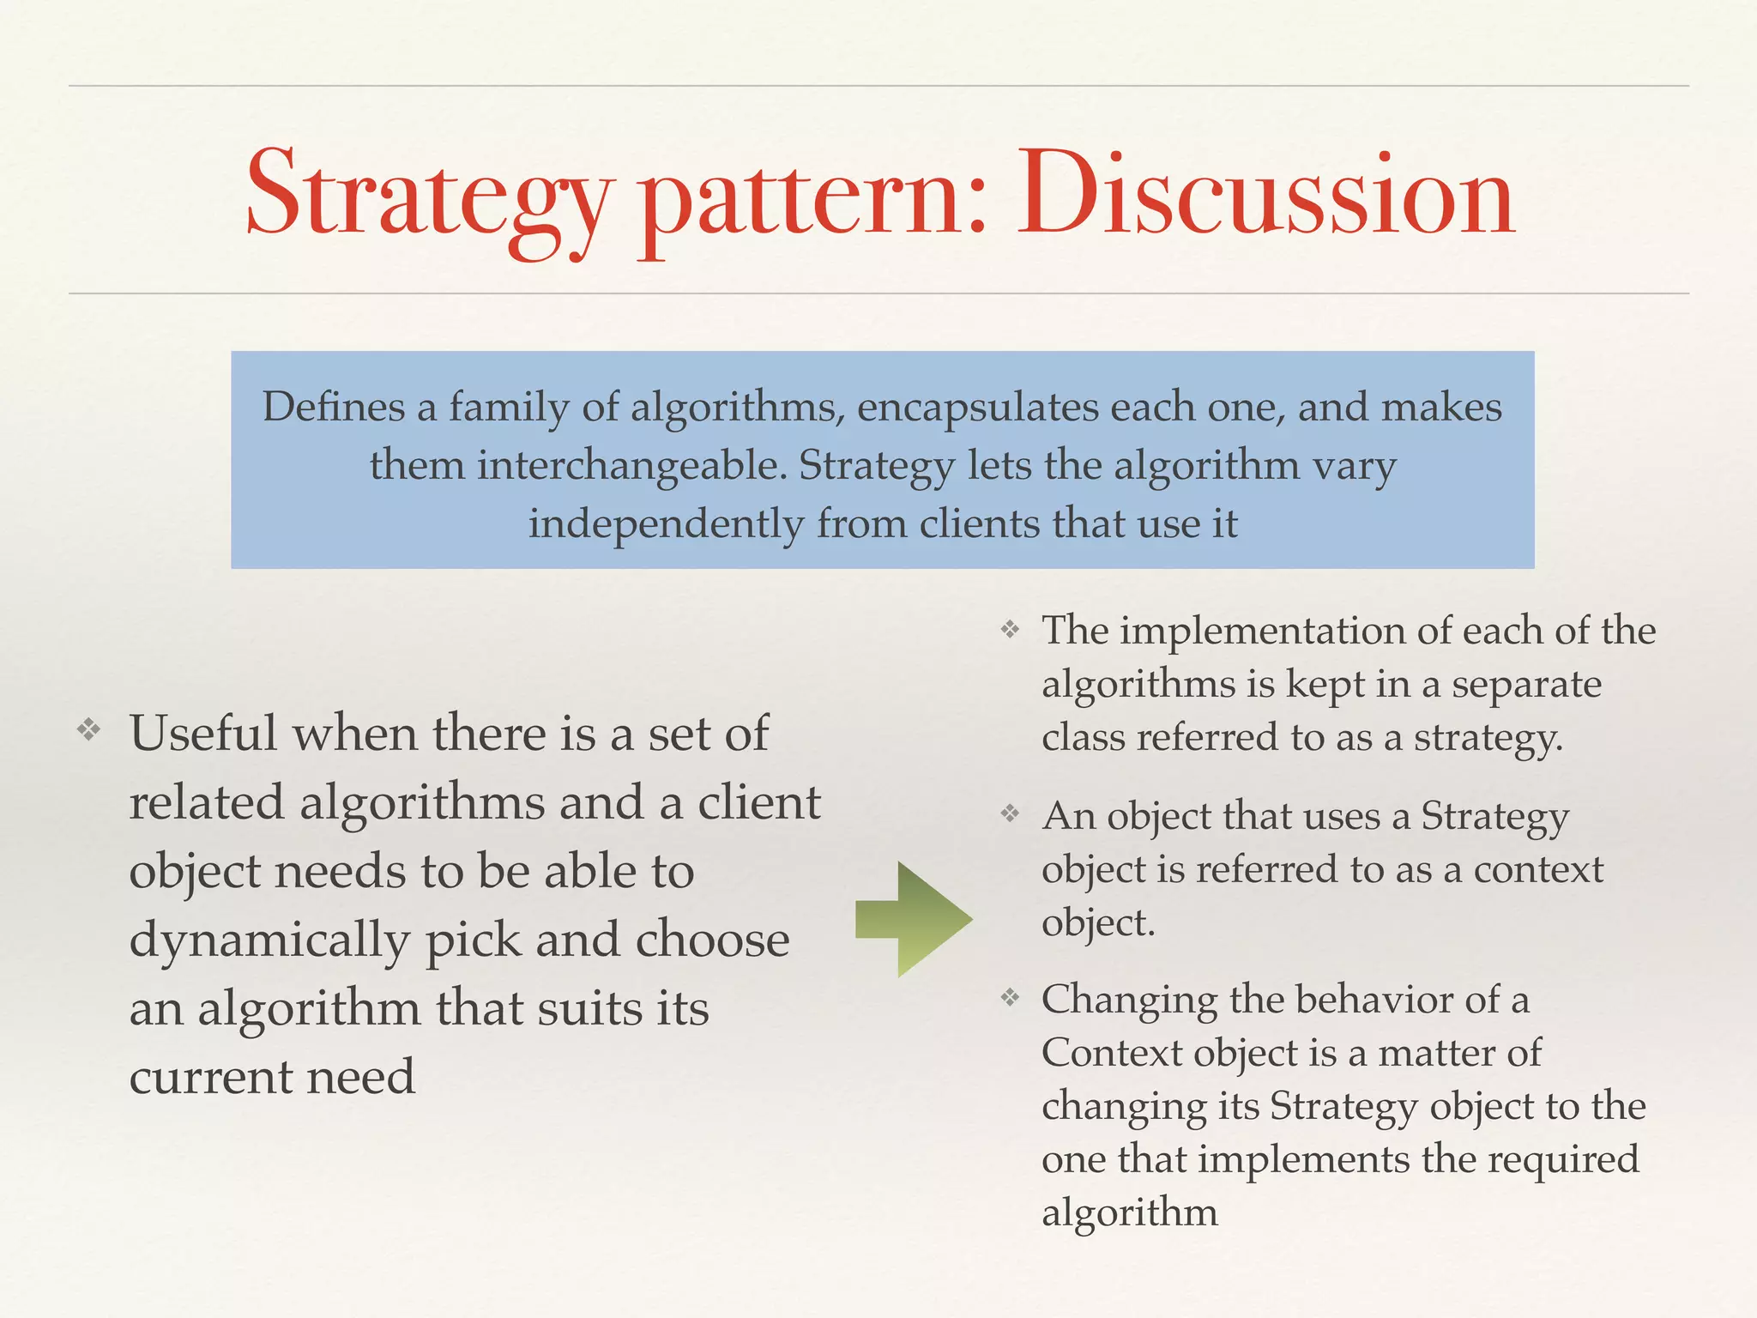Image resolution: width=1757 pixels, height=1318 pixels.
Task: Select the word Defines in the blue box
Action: (x=333, y=406)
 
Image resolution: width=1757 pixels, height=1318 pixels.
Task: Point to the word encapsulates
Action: (x=977, y=408)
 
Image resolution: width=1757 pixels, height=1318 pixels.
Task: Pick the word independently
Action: (x=666, y=524)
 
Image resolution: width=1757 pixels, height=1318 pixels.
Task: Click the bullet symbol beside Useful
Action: (x=88, y=731)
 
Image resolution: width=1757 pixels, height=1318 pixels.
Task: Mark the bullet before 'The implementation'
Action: (x=1011, y=631)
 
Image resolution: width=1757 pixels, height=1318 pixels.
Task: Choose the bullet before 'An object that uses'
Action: (x=1011, y=813)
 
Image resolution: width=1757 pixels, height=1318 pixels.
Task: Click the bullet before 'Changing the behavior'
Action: (x=1011, y=997)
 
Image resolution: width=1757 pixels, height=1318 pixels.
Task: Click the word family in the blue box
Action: (x=508, y=408)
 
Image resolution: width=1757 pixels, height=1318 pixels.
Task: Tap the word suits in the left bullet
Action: (x=590, y=1008)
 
